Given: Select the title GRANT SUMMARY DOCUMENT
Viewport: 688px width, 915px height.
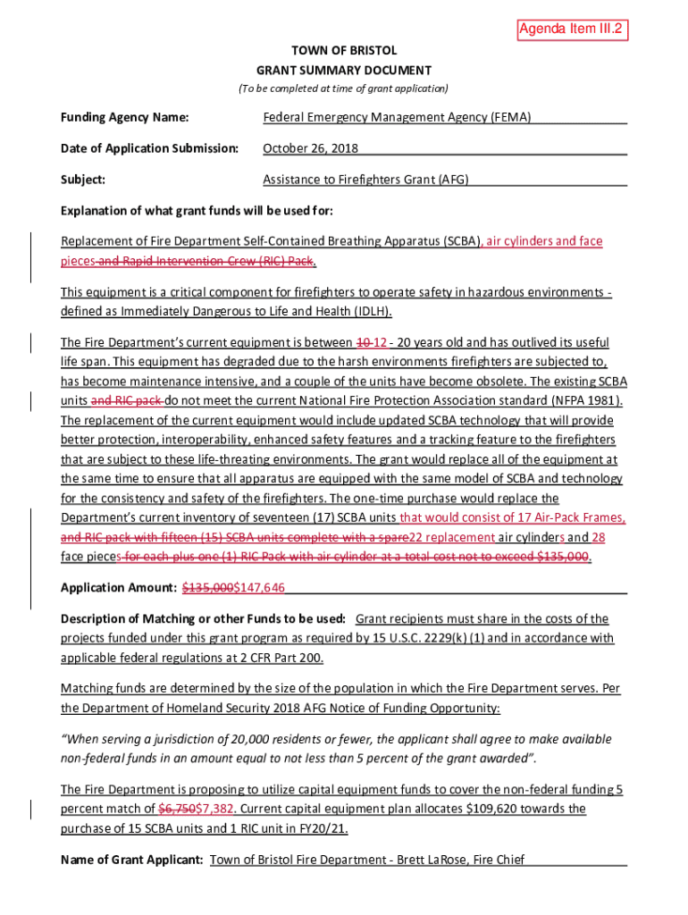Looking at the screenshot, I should point(344,70).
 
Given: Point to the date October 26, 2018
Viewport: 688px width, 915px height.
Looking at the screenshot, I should point(311,148).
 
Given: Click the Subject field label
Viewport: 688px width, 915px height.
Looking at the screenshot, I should point(83,180).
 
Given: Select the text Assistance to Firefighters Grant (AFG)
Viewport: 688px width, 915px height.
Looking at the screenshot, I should point(365,180).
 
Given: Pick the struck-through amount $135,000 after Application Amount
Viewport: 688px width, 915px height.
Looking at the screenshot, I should point(208,587).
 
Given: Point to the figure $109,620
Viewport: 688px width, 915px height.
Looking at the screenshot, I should point(491,809).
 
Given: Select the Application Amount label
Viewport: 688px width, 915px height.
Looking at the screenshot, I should point(118,587).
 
